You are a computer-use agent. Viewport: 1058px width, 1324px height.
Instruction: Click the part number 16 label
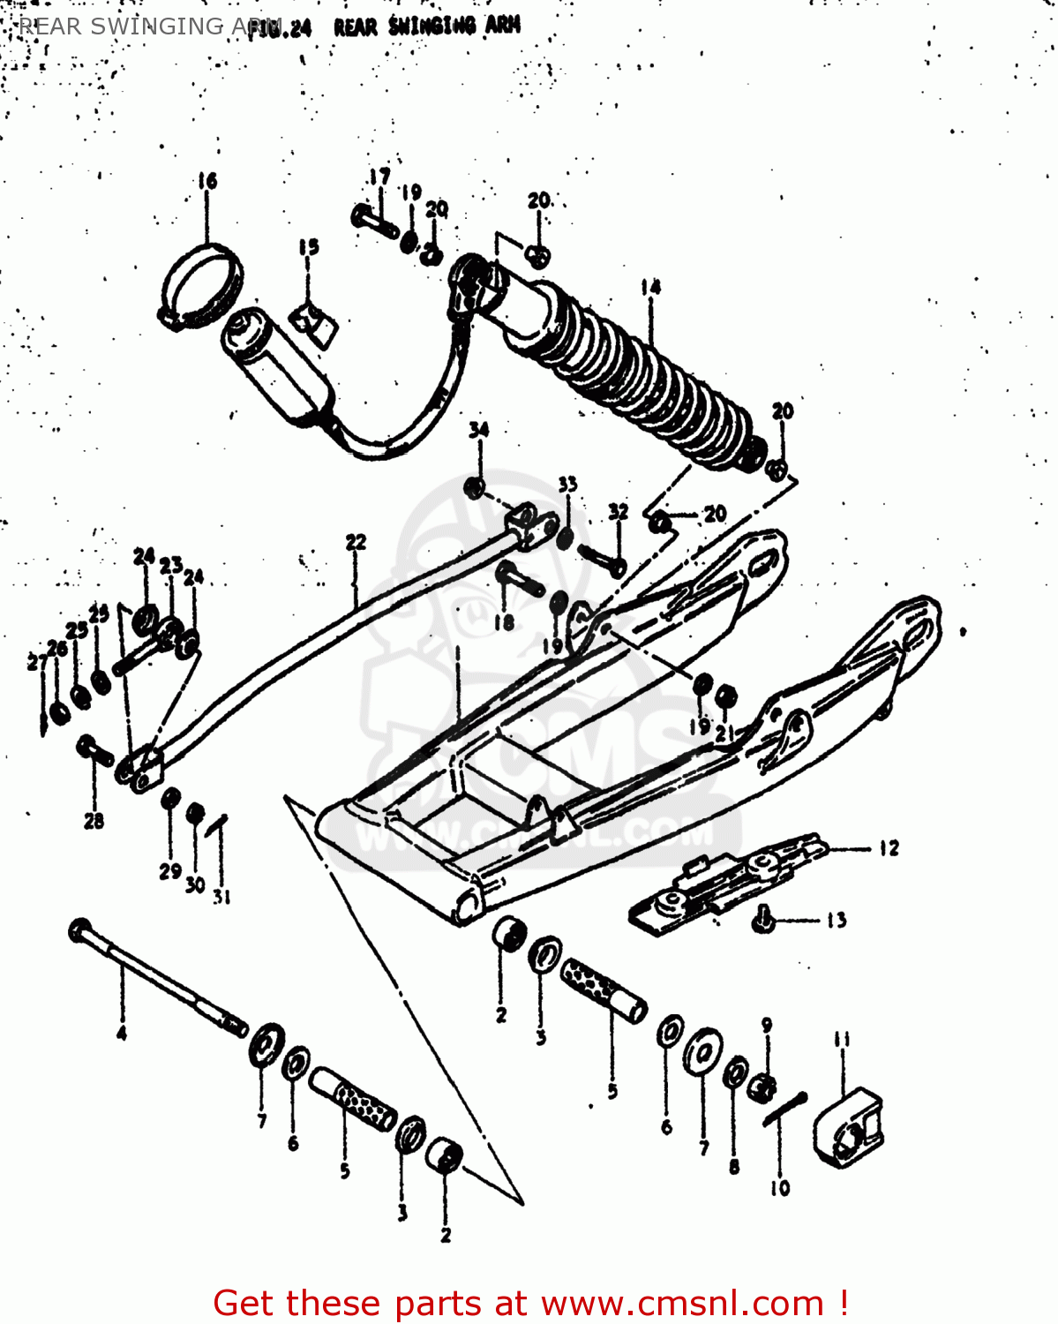point(206,181)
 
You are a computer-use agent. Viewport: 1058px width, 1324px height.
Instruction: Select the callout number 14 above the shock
point(650,287)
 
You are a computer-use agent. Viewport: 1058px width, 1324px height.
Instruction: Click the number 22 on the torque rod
point(356,542)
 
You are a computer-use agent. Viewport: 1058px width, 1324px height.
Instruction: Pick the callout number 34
point(478,430)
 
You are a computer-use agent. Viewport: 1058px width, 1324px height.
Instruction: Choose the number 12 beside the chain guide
point(889,848)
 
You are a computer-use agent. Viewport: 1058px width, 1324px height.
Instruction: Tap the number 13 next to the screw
point(837,921)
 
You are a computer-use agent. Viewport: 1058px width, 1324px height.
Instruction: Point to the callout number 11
point(842,1039)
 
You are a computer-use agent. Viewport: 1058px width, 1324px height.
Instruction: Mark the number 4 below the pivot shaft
point(122,1032)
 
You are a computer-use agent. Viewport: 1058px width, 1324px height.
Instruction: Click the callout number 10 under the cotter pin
point(780,1188)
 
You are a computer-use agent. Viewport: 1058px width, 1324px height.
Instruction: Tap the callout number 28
point(94,821)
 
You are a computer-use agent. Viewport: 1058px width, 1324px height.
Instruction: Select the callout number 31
point(221,897)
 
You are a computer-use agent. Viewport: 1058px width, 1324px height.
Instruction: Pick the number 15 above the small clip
point(308,247)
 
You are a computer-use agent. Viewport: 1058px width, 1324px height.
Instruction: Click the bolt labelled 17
point(374,217)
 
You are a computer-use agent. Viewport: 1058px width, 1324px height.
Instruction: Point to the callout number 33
point(567,484)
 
